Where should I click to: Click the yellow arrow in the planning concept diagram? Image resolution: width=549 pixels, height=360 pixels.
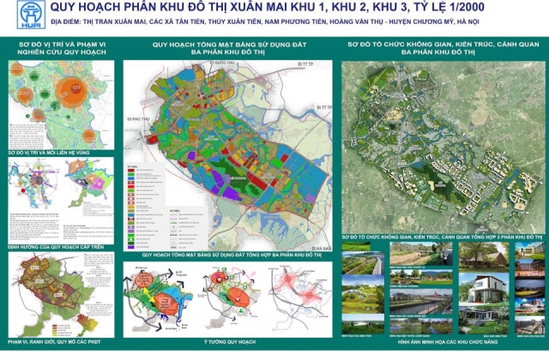151,288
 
